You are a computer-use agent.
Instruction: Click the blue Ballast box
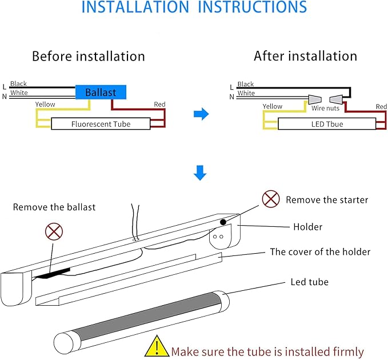(101, 92)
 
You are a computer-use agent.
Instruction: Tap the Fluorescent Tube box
(101, 124)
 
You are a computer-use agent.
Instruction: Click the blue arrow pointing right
(201, 115)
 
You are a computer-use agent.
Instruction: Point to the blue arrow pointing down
(199, 173)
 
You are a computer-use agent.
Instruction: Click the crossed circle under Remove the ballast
(54, 231)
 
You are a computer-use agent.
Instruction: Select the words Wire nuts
(326, 108)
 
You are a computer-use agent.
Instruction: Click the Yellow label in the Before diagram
(45, 105)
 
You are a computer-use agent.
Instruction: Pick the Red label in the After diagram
(381, 107)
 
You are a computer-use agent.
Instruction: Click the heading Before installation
(88, 56)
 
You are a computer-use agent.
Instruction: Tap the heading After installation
(305, 56)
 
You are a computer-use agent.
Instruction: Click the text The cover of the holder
(320, 251)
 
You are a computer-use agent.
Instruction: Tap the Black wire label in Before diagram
(18, 84)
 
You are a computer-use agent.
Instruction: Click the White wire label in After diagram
(246, 93)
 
